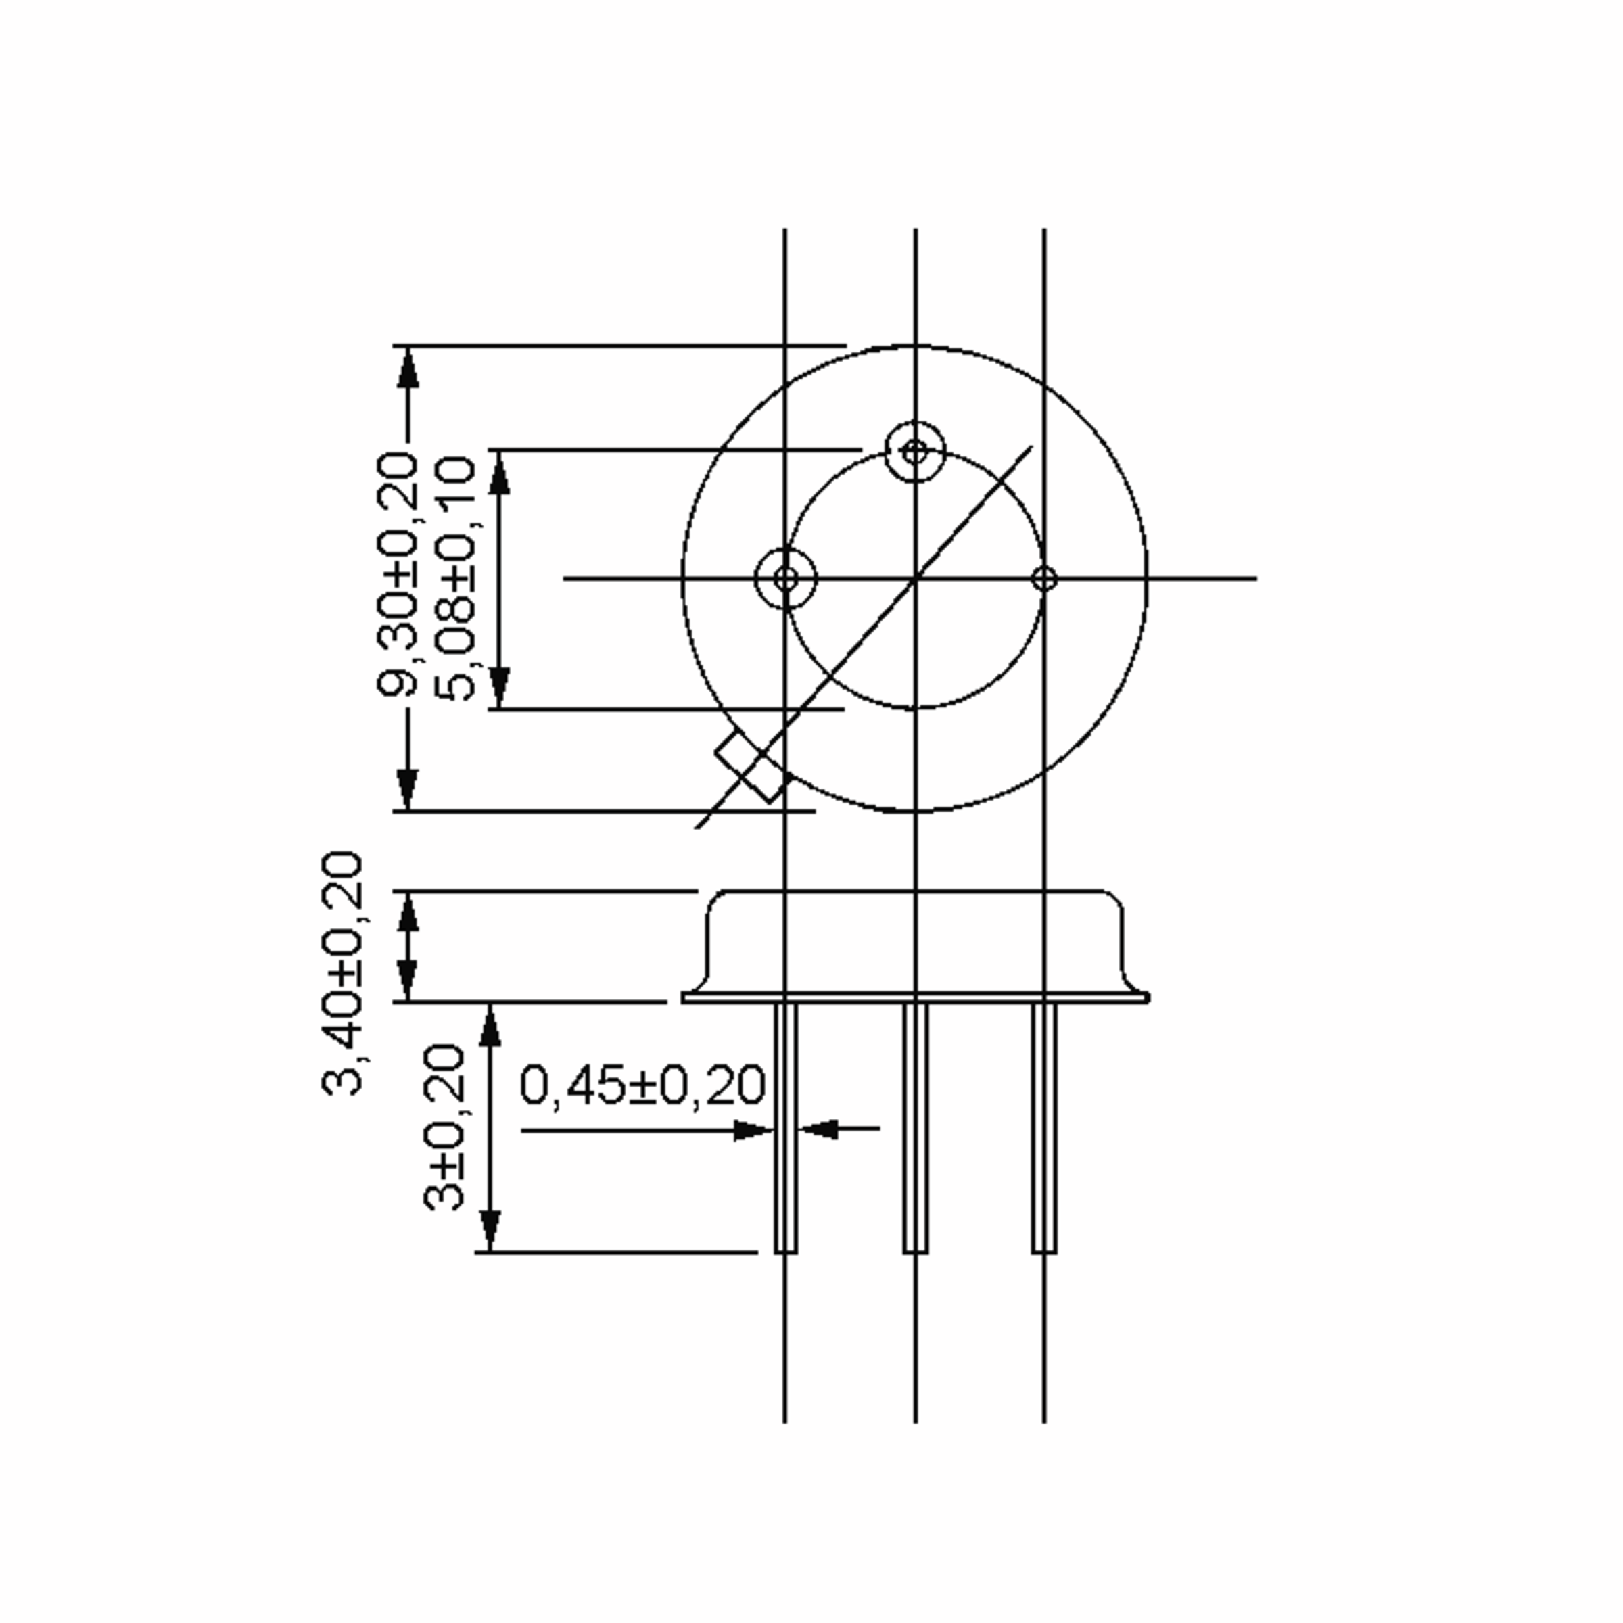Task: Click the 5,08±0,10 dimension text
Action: point(456,579)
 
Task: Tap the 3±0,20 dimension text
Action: point(443,1127)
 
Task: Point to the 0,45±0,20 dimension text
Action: point(642,1085)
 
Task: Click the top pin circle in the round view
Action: point(915,452)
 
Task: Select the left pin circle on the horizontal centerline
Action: point(785,578)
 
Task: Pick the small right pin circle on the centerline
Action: point(1043,578)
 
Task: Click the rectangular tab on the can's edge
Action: point(753,766)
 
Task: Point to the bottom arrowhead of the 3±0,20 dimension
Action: point(490,1231)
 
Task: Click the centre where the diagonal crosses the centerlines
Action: point(915,578)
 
